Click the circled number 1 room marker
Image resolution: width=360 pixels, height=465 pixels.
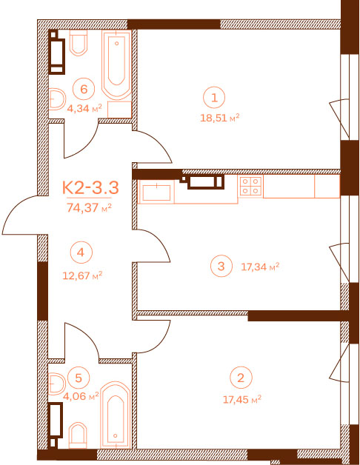click(x=214, y=98)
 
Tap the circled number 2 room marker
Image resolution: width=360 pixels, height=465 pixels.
click(x=241, y=378)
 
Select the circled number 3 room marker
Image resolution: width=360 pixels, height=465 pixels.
click(x=221, y=266)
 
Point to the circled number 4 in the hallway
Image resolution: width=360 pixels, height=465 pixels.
click(x=81, y=252)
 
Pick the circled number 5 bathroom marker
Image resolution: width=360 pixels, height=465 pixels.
click(x=79, y=378)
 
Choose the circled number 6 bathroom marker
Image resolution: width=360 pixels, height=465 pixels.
click(x=84, y=89)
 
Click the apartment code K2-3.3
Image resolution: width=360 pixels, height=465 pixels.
click(x=90, y=188)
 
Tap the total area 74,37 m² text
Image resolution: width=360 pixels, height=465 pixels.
click(x=89, y=207)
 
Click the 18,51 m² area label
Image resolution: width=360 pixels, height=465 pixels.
click(x=220, y=118)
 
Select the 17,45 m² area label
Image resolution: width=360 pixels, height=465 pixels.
click(x=242, y=399)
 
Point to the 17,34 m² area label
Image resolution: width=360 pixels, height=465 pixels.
click(x=260, y=267)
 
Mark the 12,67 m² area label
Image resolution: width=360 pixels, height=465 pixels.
click(x=82, y=275)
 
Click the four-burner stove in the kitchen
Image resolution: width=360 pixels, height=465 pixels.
click(x=250, y=185)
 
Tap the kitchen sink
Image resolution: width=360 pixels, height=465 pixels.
click(x=156, y=192)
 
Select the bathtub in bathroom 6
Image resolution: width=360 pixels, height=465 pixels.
click(x=116, y=64)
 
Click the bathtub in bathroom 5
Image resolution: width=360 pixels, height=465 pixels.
click(x=115, y=415)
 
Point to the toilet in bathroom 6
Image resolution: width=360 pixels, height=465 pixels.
click(x=79, y=43)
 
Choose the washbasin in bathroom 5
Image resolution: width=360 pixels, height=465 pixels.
click(x=56, y=384)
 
